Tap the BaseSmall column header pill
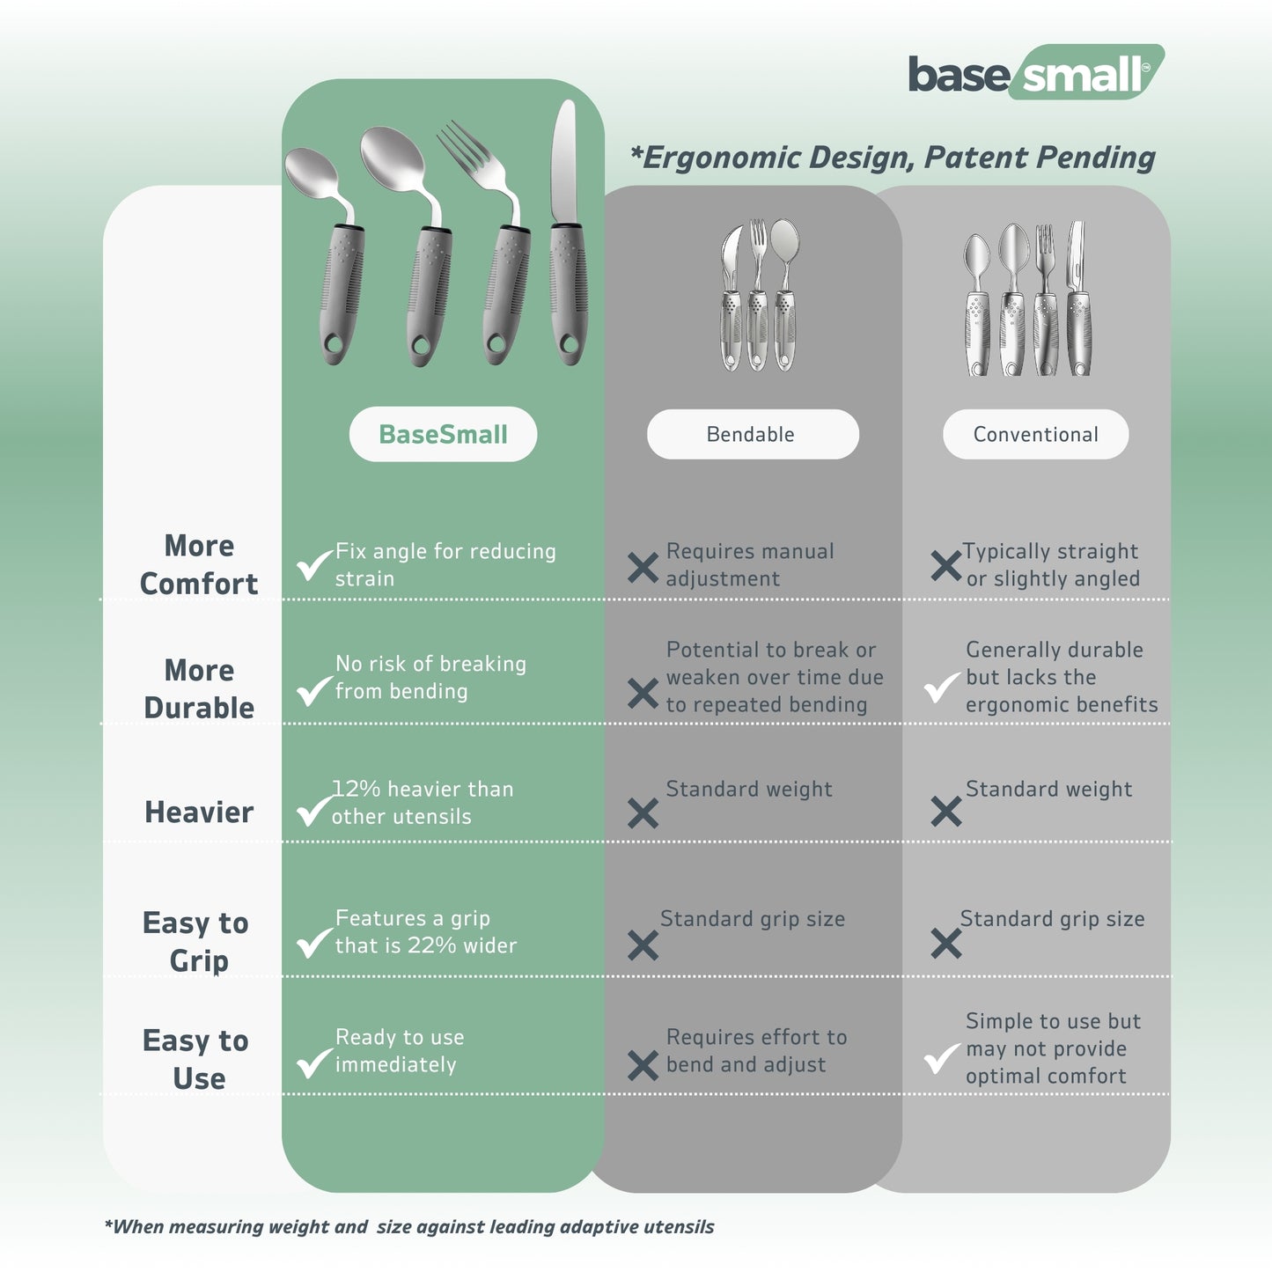tap(443, 434)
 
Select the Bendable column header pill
tap(752, 434)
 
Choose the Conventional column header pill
tap(1035, 434)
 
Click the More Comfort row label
tap(199, 564)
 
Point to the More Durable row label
tap(199, 688)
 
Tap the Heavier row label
tap(199, 812)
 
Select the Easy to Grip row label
tap(195, 941)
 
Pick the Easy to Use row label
tap(195, 1059)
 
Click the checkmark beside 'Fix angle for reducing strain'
tap(313, 564)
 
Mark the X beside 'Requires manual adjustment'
tap(643, 568)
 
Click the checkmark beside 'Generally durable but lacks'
tap(941, 687)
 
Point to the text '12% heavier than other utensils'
tap(423, 803)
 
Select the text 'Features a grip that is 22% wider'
tap(426, 931)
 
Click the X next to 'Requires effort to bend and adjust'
tap(643, 1065)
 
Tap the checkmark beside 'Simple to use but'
tap(941, 1057)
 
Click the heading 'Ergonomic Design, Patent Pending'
tap(893, 158)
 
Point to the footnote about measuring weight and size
tap(409, 1226)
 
